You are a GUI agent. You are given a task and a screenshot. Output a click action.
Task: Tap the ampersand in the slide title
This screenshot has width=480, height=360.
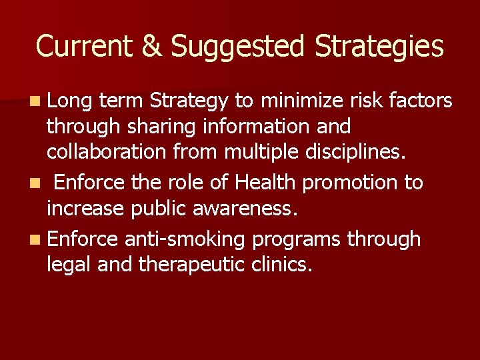[151, 47]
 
